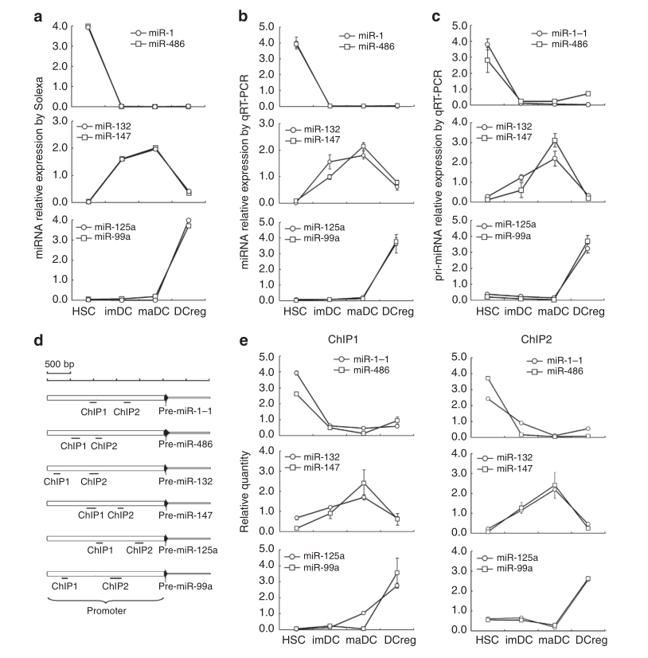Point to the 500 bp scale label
(x=59, y=364)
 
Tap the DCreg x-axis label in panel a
(x=188, y=311)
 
